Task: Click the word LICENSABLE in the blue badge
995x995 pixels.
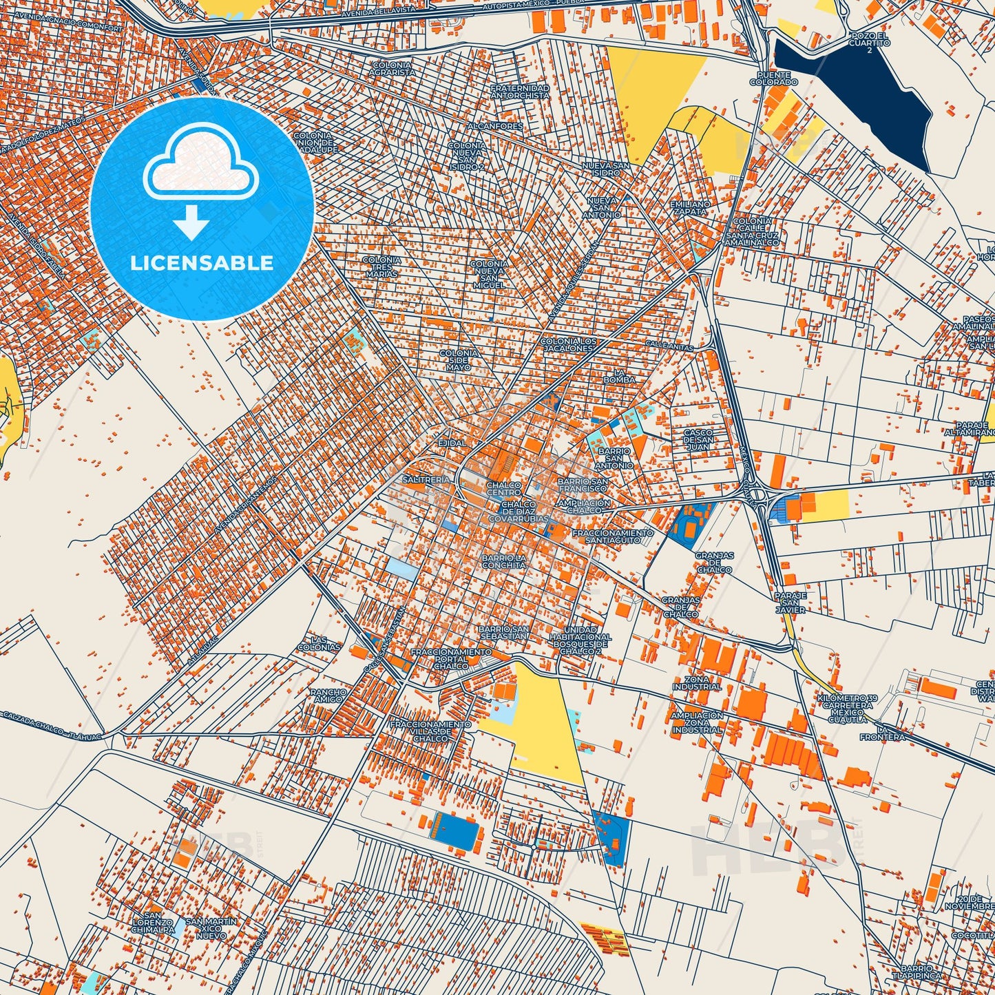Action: pos(202,263)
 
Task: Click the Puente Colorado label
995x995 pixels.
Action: pos(777,78)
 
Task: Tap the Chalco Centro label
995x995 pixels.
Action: pos(503,489)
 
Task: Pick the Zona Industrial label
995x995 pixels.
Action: pos(697,683)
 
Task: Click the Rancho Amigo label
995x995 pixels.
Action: pos(328,695)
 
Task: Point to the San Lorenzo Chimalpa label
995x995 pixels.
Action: pos(154,926)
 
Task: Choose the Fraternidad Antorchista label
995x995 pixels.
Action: pos(520,92)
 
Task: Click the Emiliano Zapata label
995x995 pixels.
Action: pos(690,208)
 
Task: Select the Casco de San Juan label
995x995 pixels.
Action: pos(698,439)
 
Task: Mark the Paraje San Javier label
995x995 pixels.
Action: pos(790,603)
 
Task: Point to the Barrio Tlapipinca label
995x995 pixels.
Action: pos(922,972)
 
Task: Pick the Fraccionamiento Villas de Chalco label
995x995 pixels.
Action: pos(431,731)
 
